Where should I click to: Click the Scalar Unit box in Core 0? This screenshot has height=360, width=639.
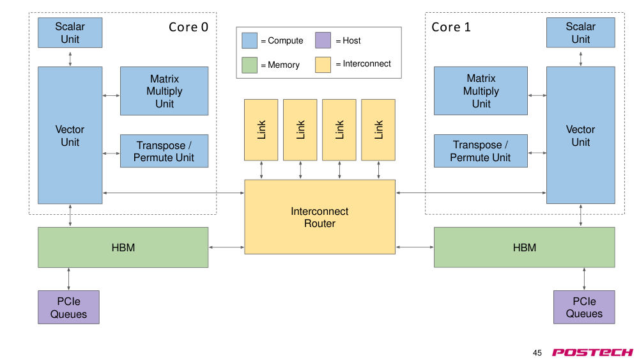[x=70, y=33]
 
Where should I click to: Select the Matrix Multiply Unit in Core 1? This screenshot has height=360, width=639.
[x=481, y=91]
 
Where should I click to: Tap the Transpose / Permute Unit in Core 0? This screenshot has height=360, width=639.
[x=164, y=151]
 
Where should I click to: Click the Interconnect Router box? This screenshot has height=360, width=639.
[x=319, y=217]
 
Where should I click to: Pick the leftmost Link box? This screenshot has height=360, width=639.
[x=261, y=130]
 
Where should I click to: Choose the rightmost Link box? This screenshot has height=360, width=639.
[x=378, y=130]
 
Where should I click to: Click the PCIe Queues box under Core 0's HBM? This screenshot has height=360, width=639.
[x=68, y=308]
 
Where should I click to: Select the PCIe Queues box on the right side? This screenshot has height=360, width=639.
[x=584, y=308]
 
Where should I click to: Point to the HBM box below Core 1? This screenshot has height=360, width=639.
[x=525, y=247]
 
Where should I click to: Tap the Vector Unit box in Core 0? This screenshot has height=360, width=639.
[x=70, y=136]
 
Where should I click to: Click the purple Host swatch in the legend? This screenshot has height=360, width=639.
[x=323, y=40]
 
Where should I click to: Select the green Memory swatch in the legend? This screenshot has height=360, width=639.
[x=249, y=65]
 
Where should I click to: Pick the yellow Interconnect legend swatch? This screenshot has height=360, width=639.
[x=323, y=65]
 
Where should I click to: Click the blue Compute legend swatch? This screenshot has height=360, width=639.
[x=249, y=40]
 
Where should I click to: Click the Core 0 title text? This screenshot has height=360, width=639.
[x=189, y=27]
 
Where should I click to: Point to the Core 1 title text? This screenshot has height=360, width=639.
[x=450, y=27]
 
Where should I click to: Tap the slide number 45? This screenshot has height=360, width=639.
[x=537, y=353]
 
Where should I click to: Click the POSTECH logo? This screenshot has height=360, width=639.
[x=592, y=352]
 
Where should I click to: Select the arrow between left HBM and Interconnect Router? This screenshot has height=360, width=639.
[x=226, y=247]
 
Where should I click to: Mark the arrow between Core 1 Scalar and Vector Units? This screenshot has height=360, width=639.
[x=581, y=59]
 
